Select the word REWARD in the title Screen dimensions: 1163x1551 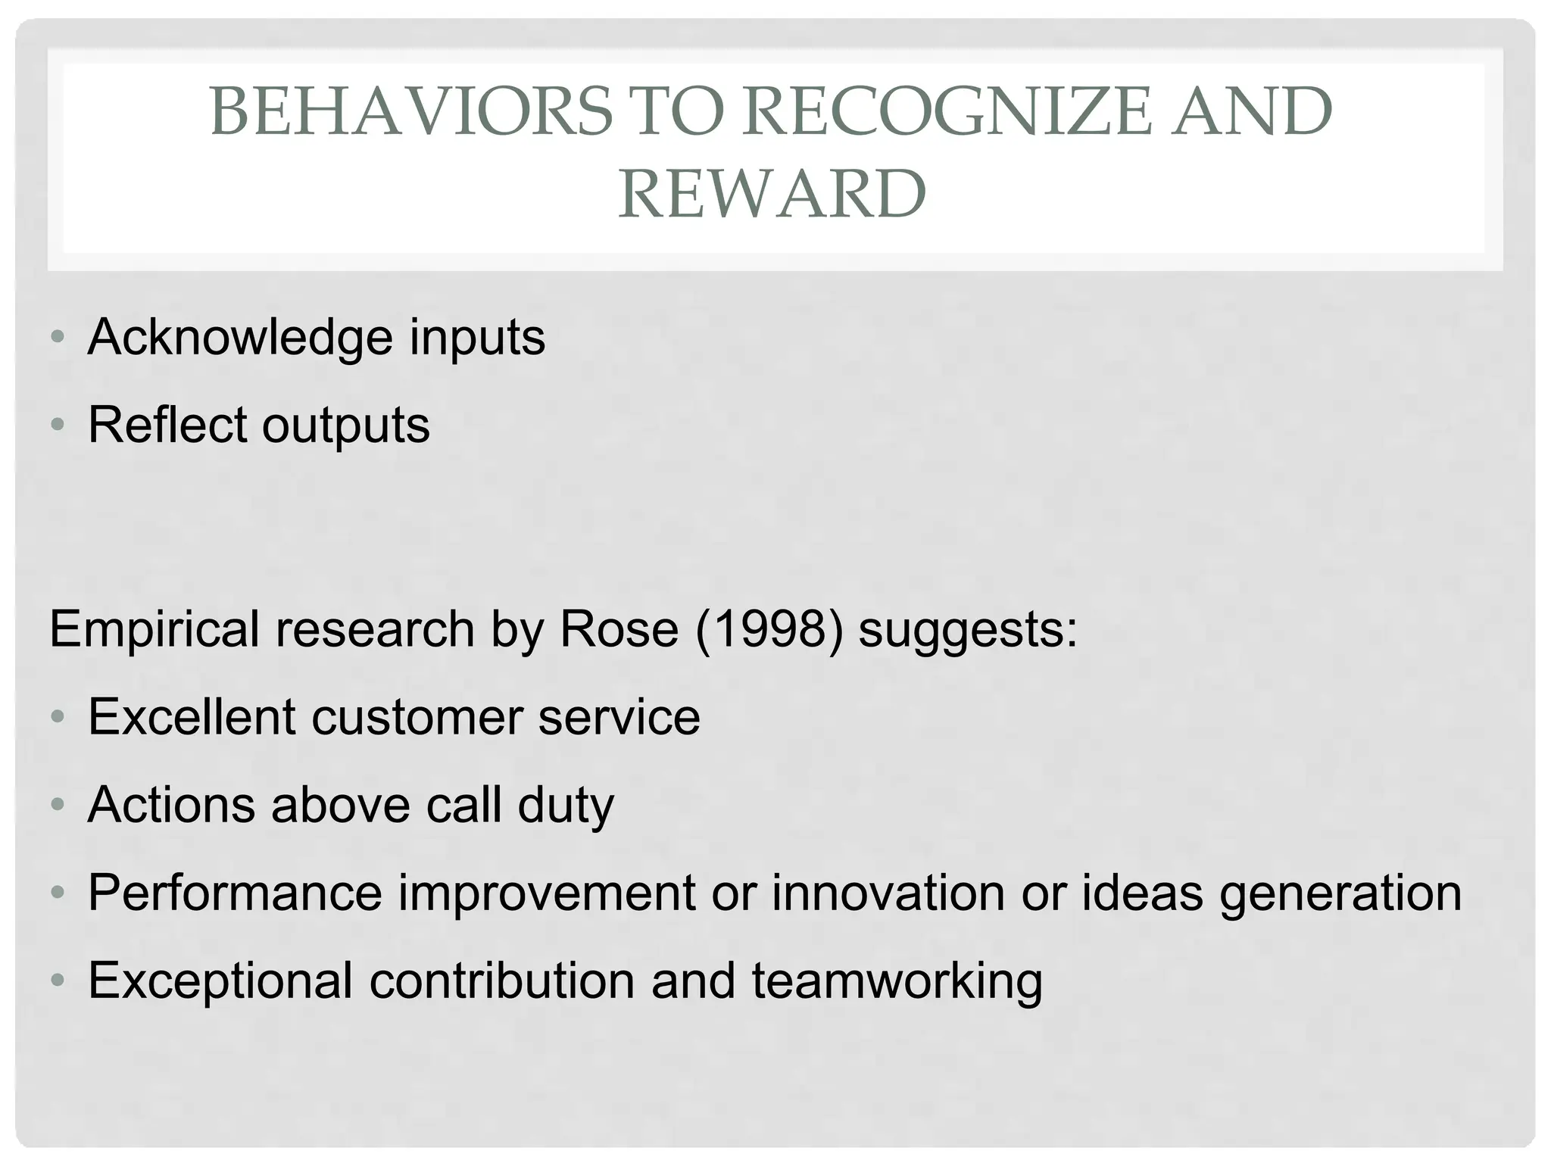click(772, 194)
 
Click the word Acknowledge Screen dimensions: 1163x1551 click(241, 337)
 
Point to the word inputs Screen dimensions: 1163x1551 click(477, 338)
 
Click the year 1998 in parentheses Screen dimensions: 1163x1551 click(768, 629)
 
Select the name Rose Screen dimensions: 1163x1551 click(619, 629)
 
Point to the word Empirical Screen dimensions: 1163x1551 click(155, 631)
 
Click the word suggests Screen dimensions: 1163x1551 click(967, 631)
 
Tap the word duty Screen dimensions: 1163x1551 click(566, 805)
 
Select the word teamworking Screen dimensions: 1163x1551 click(897, 981)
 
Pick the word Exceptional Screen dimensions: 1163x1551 click(220, 981)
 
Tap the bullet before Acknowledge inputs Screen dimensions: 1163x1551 click(58, 337)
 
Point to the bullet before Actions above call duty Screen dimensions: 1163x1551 click(58, 804)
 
